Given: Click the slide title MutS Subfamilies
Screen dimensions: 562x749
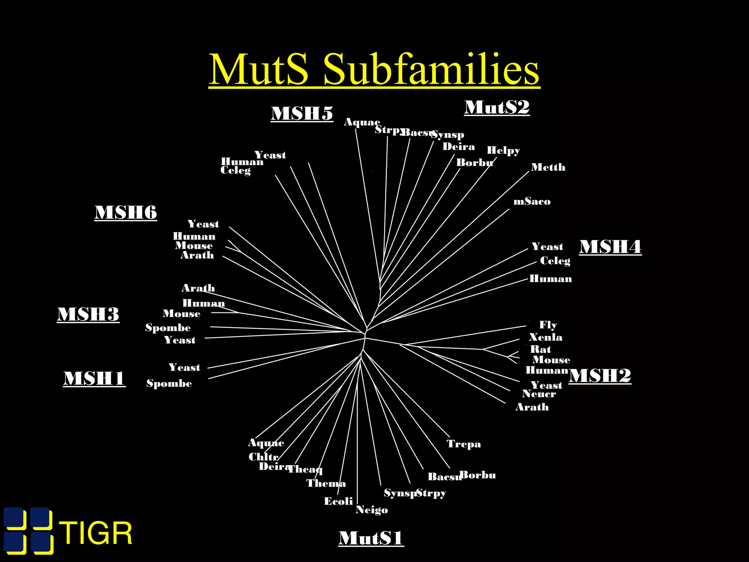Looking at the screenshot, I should click(374, 69).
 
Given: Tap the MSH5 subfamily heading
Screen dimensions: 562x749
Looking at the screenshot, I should click(302, 113).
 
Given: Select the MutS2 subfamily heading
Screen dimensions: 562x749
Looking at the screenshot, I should click(497, 108).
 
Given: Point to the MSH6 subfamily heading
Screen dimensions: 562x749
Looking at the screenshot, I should click(125, 213).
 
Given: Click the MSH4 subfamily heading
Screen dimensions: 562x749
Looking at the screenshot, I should click(610, 247).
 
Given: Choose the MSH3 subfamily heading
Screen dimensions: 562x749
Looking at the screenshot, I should click(88, 314).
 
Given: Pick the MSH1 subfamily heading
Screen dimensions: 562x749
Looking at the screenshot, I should click(94, 378).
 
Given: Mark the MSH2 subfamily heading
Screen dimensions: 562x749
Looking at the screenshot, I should click(600, 376).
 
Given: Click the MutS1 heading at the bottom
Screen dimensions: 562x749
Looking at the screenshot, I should click(371, 538).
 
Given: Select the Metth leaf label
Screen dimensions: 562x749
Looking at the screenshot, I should click(548, 168).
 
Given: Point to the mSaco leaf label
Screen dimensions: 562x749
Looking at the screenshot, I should click(532, 202).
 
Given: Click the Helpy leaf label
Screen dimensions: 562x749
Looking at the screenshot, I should click(503, 151).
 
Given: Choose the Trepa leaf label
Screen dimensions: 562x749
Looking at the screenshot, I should click(463, 444).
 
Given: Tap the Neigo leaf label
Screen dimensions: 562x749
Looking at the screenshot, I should click(372, 510).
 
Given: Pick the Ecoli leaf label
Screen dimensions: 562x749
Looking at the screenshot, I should click(338, 501).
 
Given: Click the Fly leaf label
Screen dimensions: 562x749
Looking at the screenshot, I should click(548, 325).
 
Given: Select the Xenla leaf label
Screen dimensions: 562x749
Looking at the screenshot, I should click(545, 337).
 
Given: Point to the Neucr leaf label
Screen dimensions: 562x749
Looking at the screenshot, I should click(539, 394).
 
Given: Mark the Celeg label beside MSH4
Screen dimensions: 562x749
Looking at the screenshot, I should click(555, 261).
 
